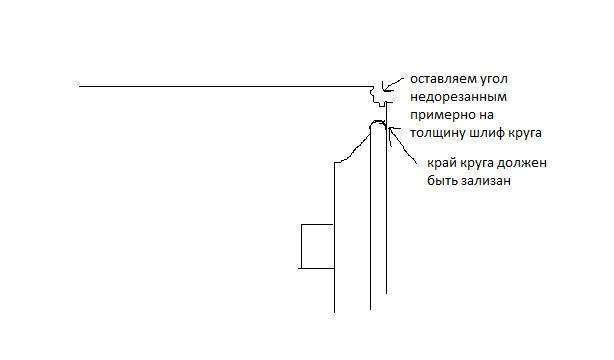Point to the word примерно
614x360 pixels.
437,115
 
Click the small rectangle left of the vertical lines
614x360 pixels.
316,246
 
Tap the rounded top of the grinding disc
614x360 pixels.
377,123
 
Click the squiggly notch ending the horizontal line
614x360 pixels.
376,95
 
